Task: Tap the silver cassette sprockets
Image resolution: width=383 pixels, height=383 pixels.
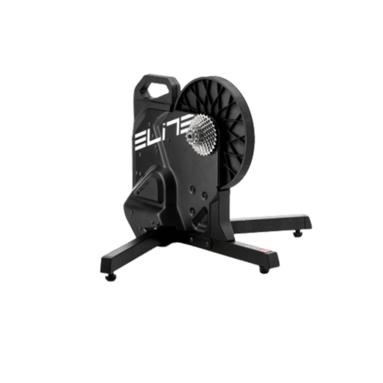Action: pyautogui.click(x=201, y=134)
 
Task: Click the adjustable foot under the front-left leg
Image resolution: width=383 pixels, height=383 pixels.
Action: pyautogui.click(x=111, y=277)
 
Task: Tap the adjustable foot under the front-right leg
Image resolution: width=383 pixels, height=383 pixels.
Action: pyautogui.click(x=264, y=270)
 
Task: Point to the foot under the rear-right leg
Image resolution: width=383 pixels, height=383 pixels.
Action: pyautogui.click(x=298, y=233)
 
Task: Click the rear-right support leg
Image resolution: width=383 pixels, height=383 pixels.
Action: pyautogui.click(x=271, y=223)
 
